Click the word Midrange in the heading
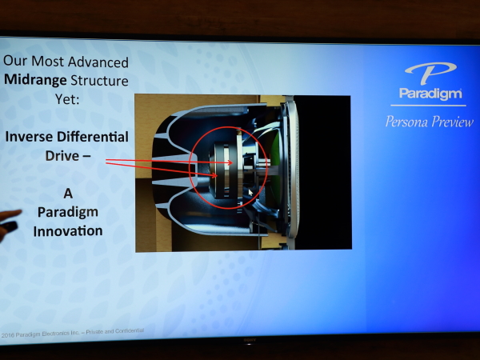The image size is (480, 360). tap(35, 80)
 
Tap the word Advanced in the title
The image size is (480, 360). tap(98, 62)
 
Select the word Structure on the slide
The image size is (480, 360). tap(99, 81)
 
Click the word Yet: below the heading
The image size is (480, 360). tap(67, 99)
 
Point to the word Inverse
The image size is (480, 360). tap(30, 137)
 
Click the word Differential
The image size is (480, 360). tap(93, 137)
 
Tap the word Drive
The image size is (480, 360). tap(62, 156)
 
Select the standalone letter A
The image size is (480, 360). tap(68, 193)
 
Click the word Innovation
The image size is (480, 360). tap(68, 231)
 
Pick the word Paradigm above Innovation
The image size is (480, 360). tap(68, 213)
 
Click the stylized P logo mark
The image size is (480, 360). tap(430, 73)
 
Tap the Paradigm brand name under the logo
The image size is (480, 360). tap(430, 94)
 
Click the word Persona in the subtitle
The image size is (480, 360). tap(406, 122)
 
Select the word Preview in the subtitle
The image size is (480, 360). tap(453, 122)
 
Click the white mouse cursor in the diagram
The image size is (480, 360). tap(250, 193)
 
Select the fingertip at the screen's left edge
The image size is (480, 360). tap(16, 213)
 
